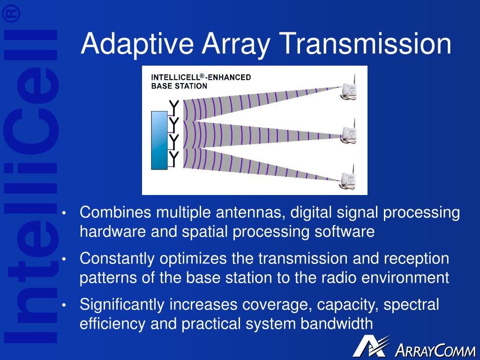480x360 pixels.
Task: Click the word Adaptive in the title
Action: tap(137, 44)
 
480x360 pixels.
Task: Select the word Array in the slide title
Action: tap(236, 45)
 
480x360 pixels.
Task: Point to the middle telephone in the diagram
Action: tap(349, 132)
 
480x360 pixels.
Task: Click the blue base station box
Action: tap(159, 140)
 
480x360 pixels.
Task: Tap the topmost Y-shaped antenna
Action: tap(173, 108)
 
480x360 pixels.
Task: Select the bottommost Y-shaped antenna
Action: tap(173, 159)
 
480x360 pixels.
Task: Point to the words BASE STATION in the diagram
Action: tap(179, 86)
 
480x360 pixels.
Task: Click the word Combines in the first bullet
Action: tap(115, 212)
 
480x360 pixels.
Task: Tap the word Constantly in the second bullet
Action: tap(117, 259)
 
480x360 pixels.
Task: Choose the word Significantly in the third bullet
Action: tap(122, 305)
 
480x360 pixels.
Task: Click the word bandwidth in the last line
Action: tap(337, 323)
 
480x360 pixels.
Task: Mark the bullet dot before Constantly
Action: tap(64, 259)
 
